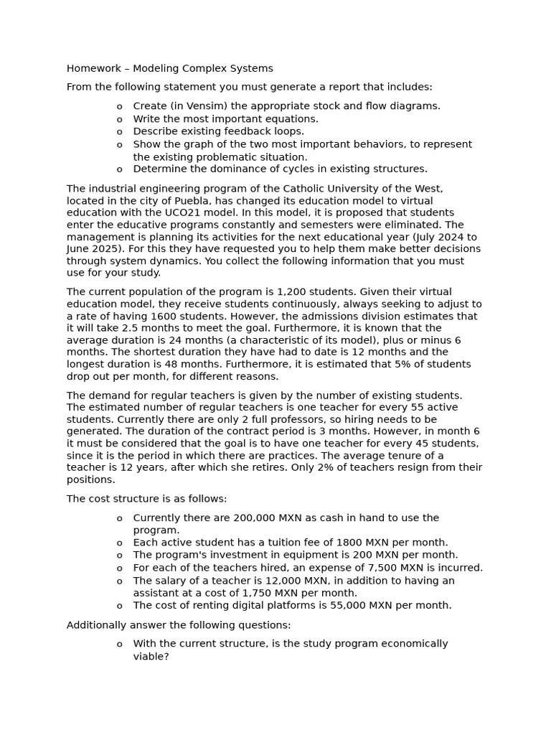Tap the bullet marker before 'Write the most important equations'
click(x=119, y=119)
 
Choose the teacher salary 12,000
click(x=252, y=581)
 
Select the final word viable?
click(x=151, y=656)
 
